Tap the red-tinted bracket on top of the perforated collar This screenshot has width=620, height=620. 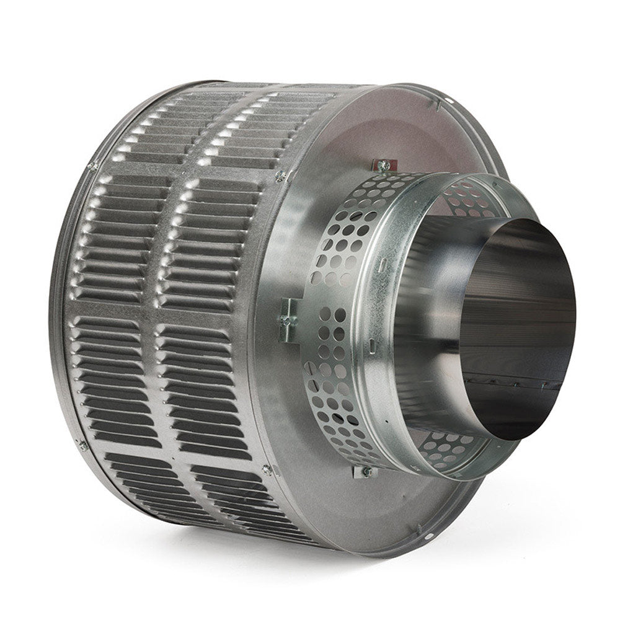(x=382, y=165)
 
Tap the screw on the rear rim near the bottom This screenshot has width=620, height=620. (x=82, y=444)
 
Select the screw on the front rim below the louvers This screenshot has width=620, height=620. (x=267, y=470)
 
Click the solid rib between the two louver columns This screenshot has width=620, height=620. (x=158, y=310)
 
